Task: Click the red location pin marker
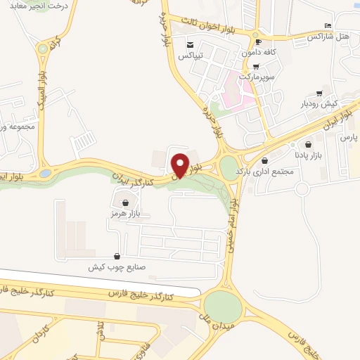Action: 181,165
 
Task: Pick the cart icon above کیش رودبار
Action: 320,94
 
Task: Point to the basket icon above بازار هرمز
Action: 125,202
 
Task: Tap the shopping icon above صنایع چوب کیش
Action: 116,257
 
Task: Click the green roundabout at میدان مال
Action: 223,307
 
